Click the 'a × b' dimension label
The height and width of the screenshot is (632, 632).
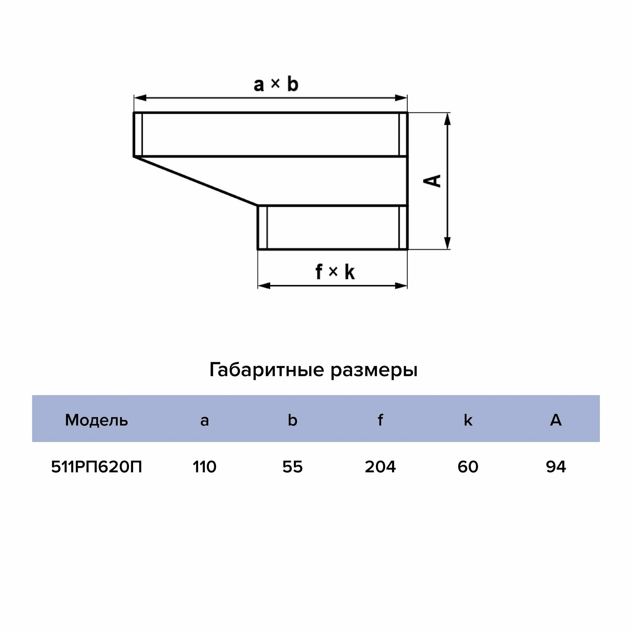[x=276, y=84]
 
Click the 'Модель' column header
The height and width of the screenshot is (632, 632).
[x=96, y=420]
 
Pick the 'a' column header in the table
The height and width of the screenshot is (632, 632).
[x=204, y=420]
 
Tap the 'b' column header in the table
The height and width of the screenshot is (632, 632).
[x=292, y=420]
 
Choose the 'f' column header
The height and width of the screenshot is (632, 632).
[x=380, y=420]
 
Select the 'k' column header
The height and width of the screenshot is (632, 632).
[x=468, y=420]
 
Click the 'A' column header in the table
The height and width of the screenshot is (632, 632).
[x=556, y=420]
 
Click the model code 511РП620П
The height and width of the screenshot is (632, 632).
[x=96, y=467]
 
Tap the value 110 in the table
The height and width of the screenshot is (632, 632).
[x=204, y=467]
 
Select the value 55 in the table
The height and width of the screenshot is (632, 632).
[x=292, y=467]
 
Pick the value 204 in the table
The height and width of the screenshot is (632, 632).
[x=380, y=467]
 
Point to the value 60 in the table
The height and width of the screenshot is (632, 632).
[x=468, y=467]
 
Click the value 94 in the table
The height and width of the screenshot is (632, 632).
[x=556, y=467]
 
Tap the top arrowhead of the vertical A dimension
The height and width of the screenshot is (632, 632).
[x=448, y=119]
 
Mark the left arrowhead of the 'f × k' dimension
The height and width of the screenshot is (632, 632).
[x=264, y=286]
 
